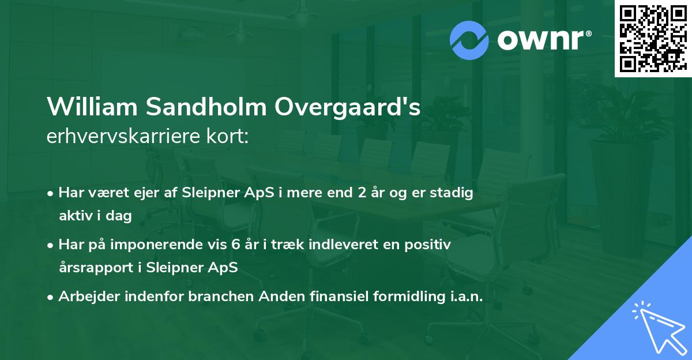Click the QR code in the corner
click(x=653, y=38)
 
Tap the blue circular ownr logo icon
click(x=469, y=40)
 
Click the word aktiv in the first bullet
click(x=73, y=216)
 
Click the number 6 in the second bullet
click(x=235, y=245)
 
